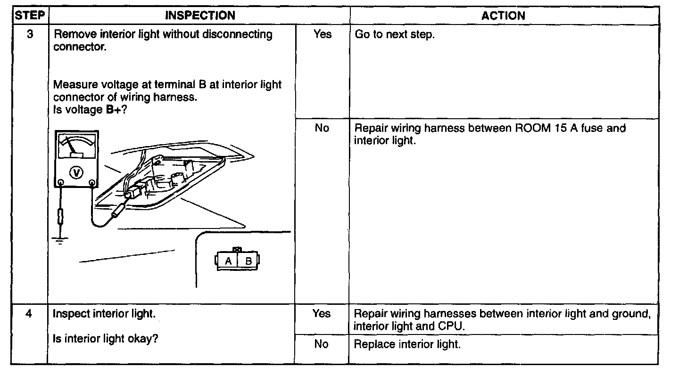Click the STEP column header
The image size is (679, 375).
[x=29, y=16]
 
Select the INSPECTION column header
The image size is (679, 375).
[x=200, y=16]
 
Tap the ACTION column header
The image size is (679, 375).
[x=503, y=16]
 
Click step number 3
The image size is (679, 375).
[x=29, y=34]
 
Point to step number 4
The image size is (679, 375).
[x=29, y=314]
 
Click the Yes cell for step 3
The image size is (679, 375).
[x=322, y=34]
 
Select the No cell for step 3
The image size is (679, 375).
[x=322, y=128]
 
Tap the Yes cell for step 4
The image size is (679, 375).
[x=322, y=314]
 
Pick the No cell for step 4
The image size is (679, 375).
[x=321, y=344]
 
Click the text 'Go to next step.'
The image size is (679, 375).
[x=394, y=35]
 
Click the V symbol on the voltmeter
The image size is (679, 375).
[x=76, y=172]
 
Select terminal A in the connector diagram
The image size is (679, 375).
[x=228, y=261]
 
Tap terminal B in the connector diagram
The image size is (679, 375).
[x=248, y=261]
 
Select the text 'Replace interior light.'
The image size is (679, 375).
[x=407, y=344]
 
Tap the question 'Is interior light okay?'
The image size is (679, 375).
[x=105, y=339]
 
